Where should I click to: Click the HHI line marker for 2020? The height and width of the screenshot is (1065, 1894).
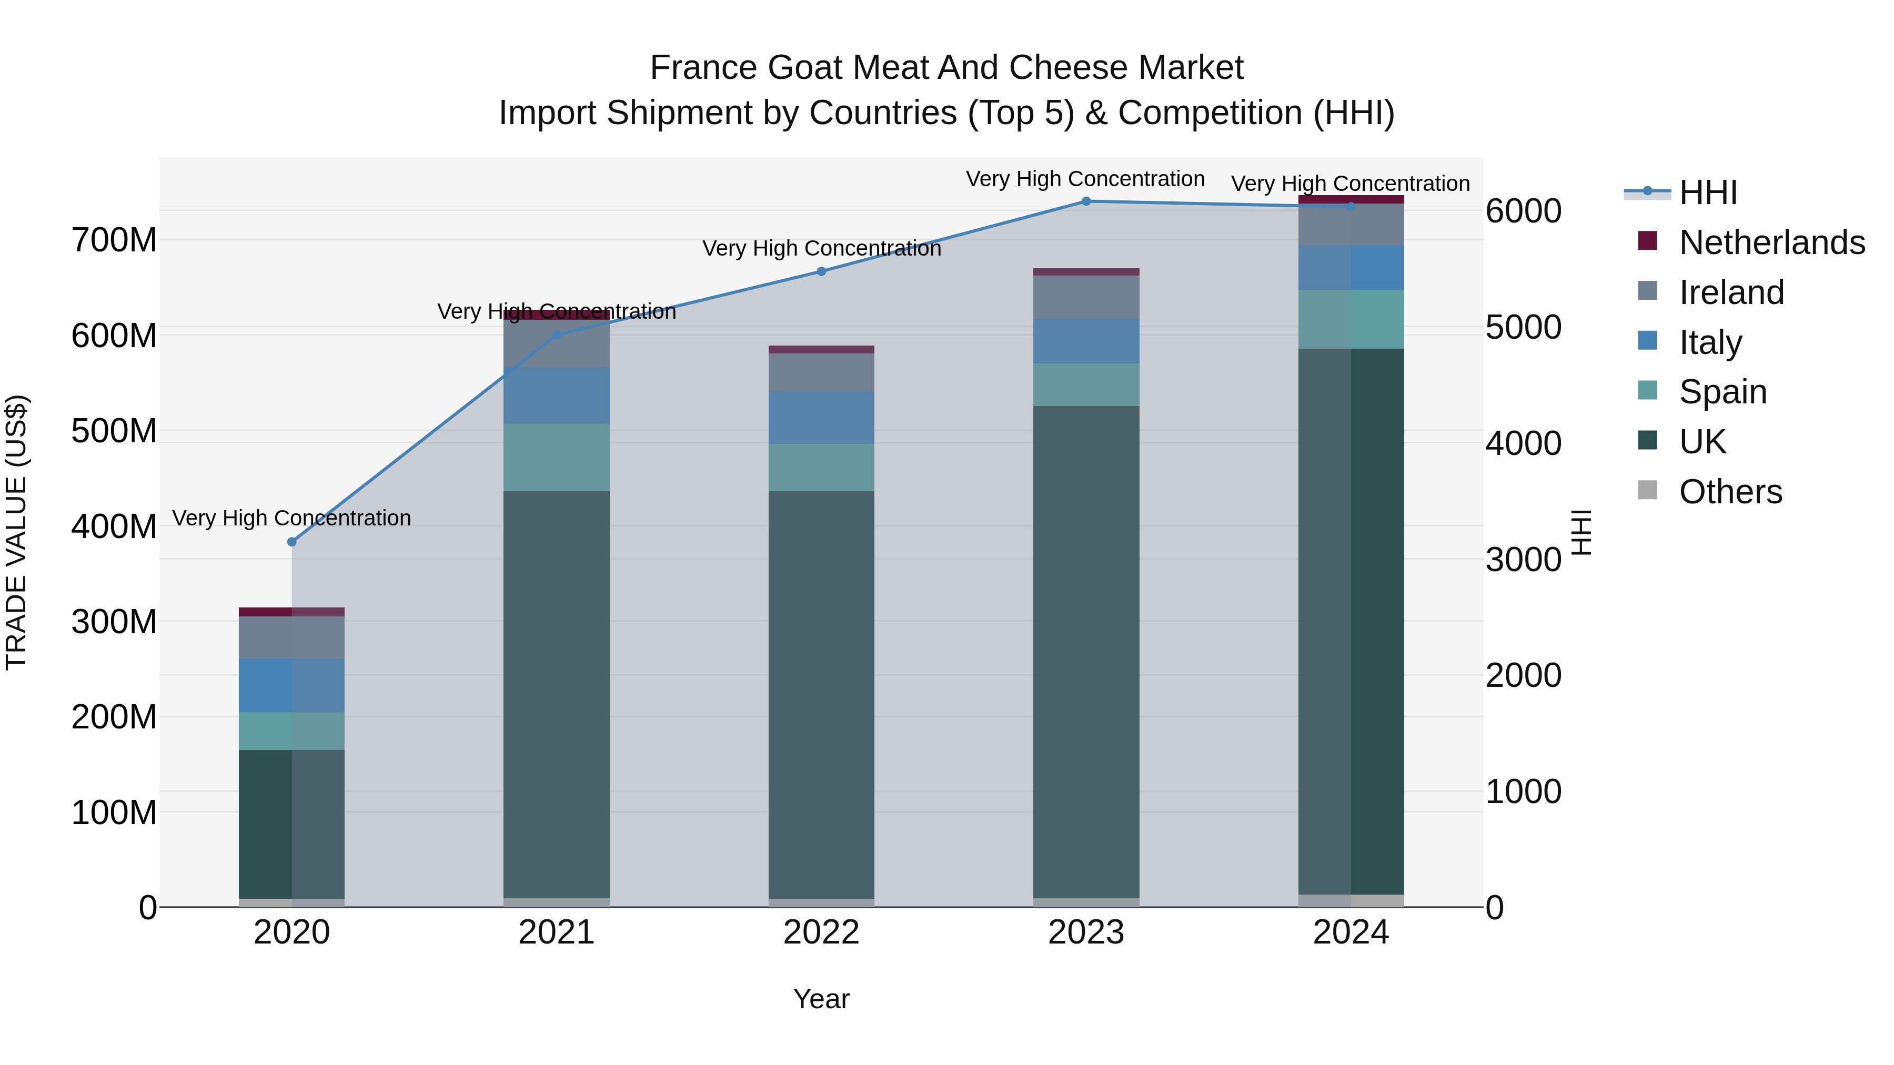click(x=292, y=542)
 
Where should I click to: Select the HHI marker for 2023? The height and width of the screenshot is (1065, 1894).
click(x=1086, y=201)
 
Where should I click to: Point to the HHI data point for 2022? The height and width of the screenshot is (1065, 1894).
click(x=822, y=271)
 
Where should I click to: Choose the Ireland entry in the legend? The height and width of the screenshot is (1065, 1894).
click(x=1731, y=292)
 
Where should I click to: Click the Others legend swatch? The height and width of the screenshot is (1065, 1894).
click(x=1648, y=490)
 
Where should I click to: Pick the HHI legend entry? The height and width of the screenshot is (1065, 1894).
click(x=1708, y=192)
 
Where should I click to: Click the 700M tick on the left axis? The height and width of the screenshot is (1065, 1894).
click(x=114, y=240)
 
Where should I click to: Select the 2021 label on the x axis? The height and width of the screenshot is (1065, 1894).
click(x=557, y=932)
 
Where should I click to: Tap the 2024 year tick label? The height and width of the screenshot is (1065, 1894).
click(x=1351, y=932)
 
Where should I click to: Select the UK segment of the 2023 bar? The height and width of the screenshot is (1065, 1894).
click(x=1086, y=651)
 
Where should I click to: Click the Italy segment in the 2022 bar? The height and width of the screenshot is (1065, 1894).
click(x=821, y=418)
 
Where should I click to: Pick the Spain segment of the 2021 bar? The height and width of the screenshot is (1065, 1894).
click(x=557, y=457)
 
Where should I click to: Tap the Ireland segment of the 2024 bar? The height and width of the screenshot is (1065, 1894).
click(x=1351, y=224)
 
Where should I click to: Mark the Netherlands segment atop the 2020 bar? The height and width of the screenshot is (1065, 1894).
click(x=292, y=612)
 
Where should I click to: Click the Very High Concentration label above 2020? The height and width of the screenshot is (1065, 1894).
click(x=292, y=518)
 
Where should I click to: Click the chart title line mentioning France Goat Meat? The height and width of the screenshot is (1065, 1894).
click(x=946, y=68)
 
